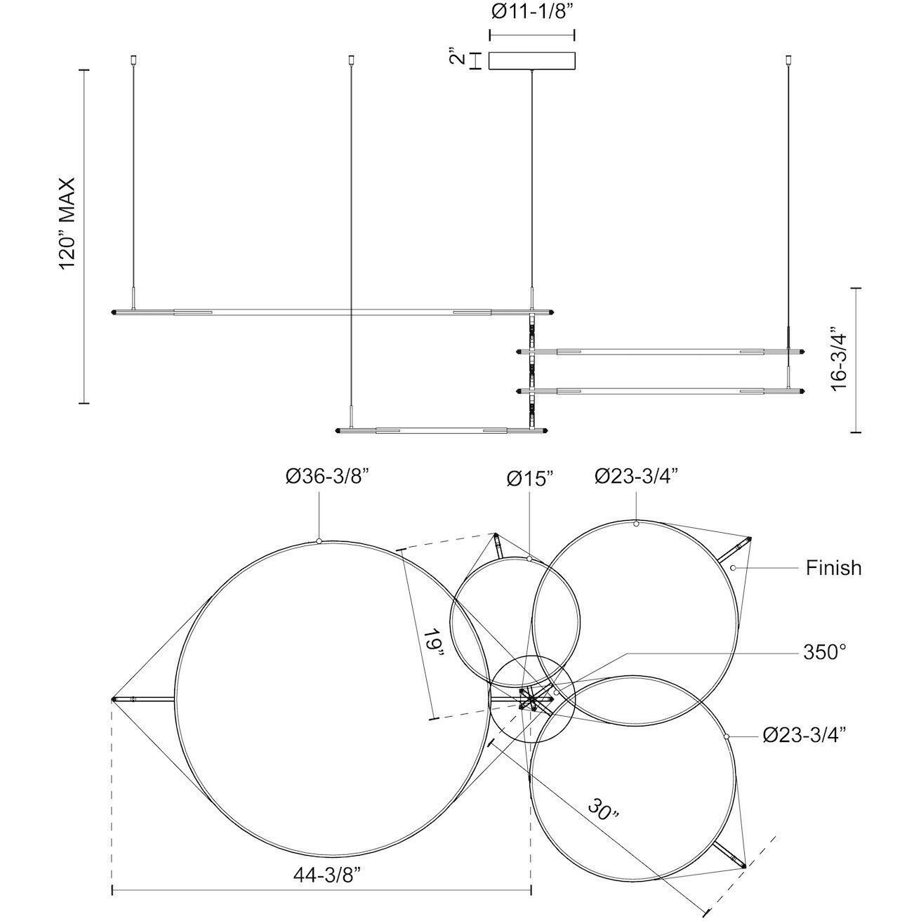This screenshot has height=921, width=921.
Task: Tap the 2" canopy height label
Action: (458, 58)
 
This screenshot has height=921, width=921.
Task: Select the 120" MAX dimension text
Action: (67, 224)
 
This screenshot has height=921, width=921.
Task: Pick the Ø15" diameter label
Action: (531, 479)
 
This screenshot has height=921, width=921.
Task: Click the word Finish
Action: (834, 568)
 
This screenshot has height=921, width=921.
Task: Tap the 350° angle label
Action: (825, 652)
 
